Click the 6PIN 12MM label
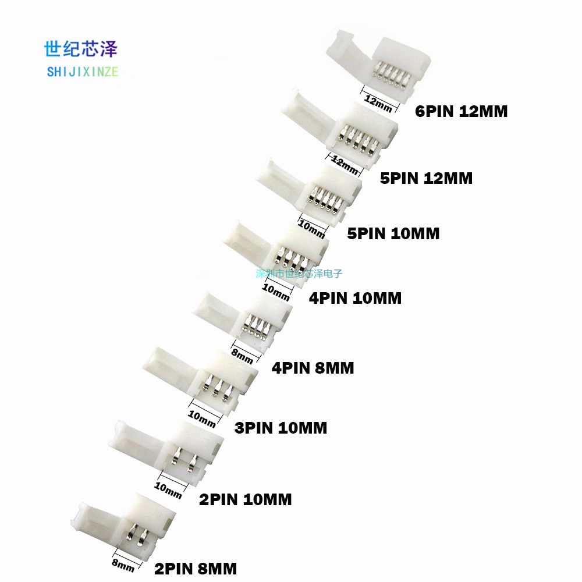point(461,111)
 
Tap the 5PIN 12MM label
point(426,178)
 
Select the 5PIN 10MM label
point(393,233)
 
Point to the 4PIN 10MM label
point(355,298)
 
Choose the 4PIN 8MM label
point(313,368)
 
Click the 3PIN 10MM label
point(281,428)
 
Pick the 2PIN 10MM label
point(245,499)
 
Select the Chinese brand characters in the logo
point(81,49)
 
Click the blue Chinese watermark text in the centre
point(299,273)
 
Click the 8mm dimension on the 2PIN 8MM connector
point(123,564)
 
